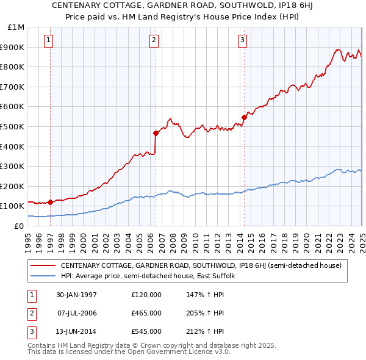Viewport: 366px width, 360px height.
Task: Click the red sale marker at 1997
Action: coord(50,202)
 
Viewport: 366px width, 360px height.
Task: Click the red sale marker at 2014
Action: coord(244,117)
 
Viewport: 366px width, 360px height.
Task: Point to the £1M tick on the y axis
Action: coord(16,27)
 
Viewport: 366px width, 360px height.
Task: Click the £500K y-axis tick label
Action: coord(13,126)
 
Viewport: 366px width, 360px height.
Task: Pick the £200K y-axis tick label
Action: coord(13,186)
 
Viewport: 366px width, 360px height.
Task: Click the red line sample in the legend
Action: coord(43,265)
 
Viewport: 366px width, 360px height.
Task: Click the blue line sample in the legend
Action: coord(43,276)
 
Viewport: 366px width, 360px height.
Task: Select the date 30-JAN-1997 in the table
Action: coord(76,295)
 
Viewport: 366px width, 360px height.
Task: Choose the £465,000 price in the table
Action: coord(146,313)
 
